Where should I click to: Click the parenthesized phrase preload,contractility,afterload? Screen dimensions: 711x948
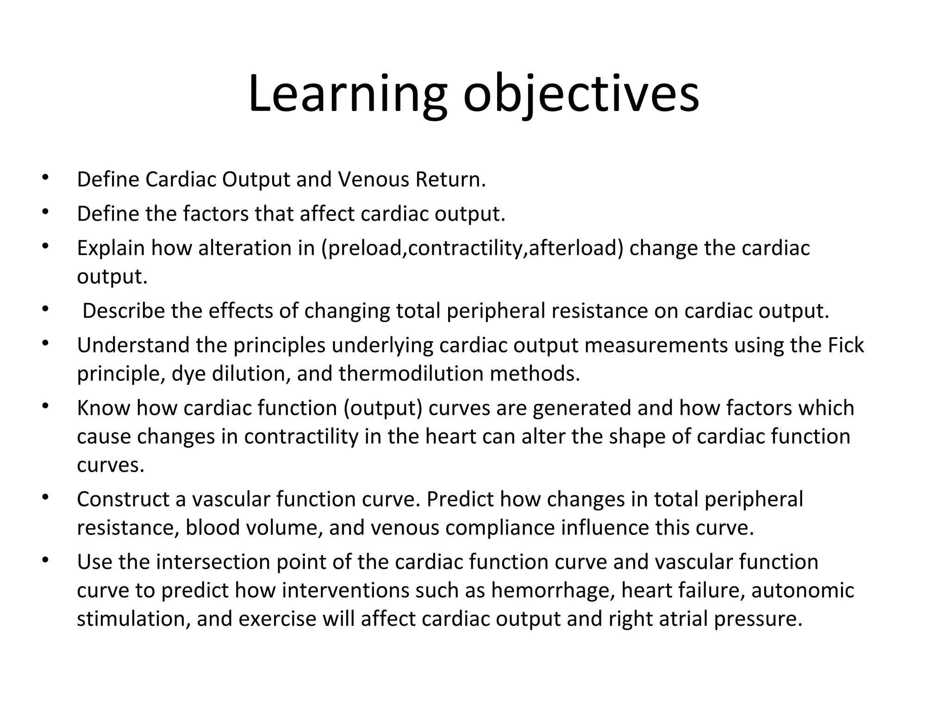(473, 248)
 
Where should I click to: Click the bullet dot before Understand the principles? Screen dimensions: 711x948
(45, 343)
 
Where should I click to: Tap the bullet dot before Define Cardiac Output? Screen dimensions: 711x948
(45, 177)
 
